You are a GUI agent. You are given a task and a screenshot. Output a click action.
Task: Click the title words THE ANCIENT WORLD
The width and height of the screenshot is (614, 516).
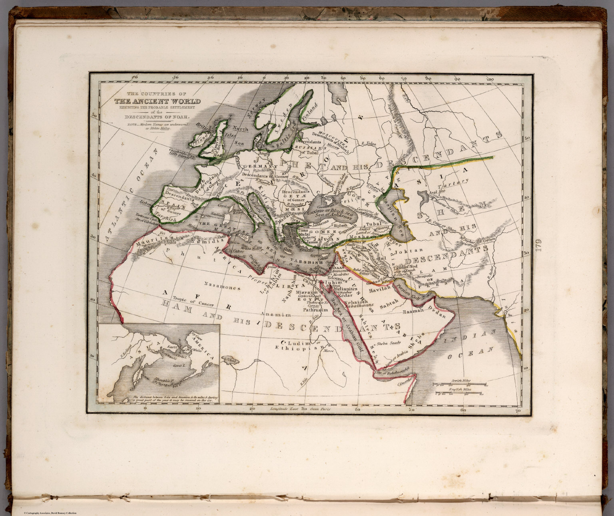click(157, 101)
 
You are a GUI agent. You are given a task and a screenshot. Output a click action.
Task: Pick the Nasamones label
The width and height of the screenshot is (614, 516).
click(222, 286)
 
